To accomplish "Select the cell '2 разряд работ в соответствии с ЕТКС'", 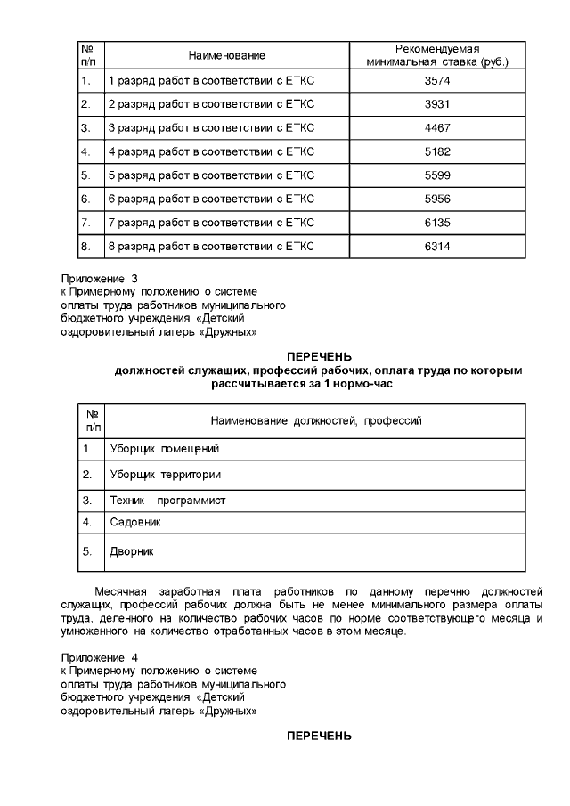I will tap(211, 104).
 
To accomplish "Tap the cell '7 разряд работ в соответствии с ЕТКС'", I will tap(211, 222).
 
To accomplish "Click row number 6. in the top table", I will tap(86, 198).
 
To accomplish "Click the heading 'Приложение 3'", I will tap(99, 278).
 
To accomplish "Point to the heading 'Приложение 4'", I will tap(99, 658).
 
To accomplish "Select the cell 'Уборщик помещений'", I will tap(163, 449).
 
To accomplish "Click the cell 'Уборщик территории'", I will tap(164, 475).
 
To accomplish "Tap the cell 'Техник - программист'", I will tap(167, 501).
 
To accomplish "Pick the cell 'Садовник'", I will tap(134, 521).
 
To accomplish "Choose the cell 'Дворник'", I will tap(131, 551).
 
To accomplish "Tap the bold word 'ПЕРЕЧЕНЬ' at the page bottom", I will tap(318, 736).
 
